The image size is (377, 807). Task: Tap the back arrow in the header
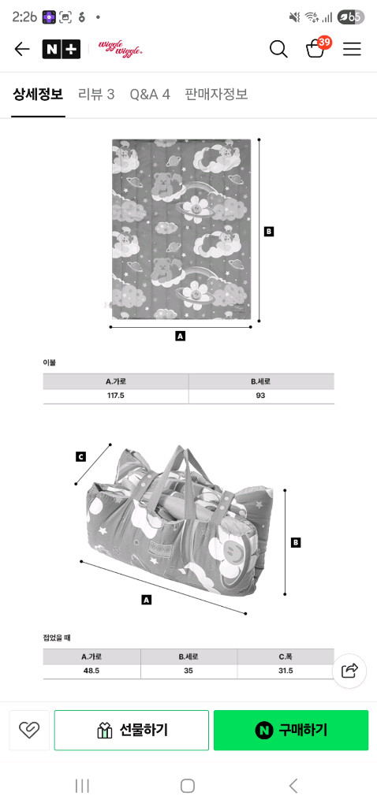click(22, 50)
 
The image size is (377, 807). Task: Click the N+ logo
click(62, 50)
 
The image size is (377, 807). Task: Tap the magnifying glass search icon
click(278, 50)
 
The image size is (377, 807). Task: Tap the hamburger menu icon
click(353, 50)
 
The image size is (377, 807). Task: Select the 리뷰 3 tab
click(96, 95)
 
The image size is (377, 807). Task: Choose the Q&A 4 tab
click(150, 95)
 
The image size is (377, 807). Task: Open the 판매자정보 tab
click(216, 95)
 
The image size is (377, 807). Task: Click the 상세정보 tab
click(38, 95)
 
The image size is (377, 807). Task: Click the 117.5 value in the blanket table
click(116, 396)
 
